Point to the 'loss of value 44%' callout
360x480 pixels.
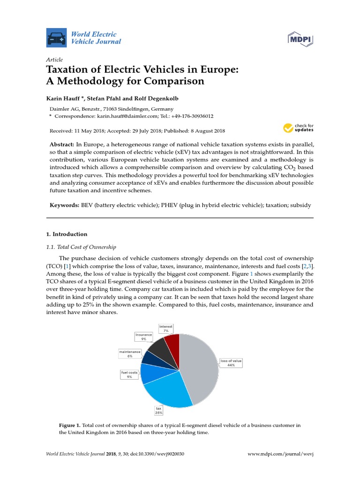(231, 363)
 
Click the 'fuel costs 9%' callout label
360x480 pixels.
(129, 375)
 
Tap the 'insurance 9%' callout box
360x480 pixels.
(144, 337)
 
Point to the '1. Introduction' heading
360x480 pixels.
(67, 234)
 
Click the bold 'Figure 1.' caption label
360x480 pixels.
(69, 425)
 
